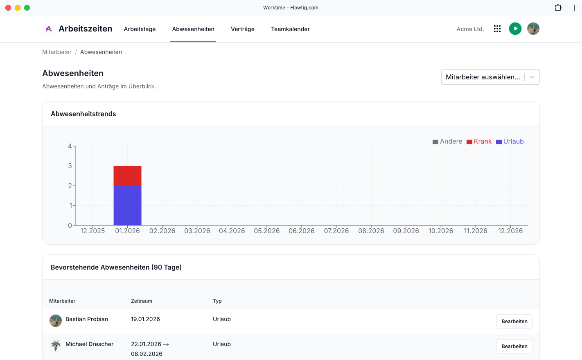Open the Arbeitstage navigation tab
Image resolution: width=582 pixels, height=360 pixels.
[x=140, y=29]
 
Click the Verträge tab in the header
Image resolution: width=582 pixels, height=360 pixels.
[x=242, y=29]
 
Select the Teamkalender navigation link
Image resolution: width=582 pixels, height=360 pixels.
[x=290, y=29]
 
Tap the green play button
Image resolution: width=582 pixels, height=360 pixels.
[x=515, y=29]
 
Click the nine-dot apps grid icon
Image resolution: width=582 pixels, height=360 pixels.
[x=497, y=29]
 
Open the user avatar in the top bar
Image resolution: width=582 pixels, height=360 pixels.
[x=533, y=29]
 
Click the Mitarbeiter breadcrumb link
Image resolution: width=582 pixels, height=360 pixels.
[x=56, y=52]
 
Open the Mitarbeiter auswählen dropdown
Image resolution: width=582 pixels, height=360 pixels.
[x=490, y=77]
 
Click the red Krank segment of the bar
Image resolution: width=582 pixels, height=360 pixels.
[x=127, y=176]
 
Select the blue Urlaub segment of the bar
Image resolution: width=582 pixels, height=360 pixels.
[x=127, y=205]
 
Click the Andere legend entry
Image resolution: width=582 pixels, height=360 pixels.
[x=447, y=141]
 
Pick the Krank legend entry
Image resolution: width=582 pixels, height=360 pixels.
[x=479, y=141]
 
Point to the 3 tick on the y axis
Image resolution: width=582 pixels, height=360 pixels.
[x=70, y=166]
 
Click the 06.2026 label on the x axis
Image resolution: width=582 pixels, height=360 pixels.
[x=301, y=231]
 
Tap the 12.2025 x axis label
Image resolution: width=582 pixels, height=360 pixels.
[x=92, y=231]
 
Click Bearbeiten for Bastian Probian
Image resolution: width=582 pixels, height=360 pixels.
[x=514, y=321]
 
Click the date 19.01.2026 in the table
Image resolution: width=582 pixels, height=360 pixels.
[x=145, y=319]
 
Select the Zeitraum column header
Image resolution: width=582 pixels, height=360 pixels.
[x=141, y=301]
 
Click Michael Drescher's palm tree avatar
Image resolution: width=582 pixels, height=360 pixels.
[x=55, y=345]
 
